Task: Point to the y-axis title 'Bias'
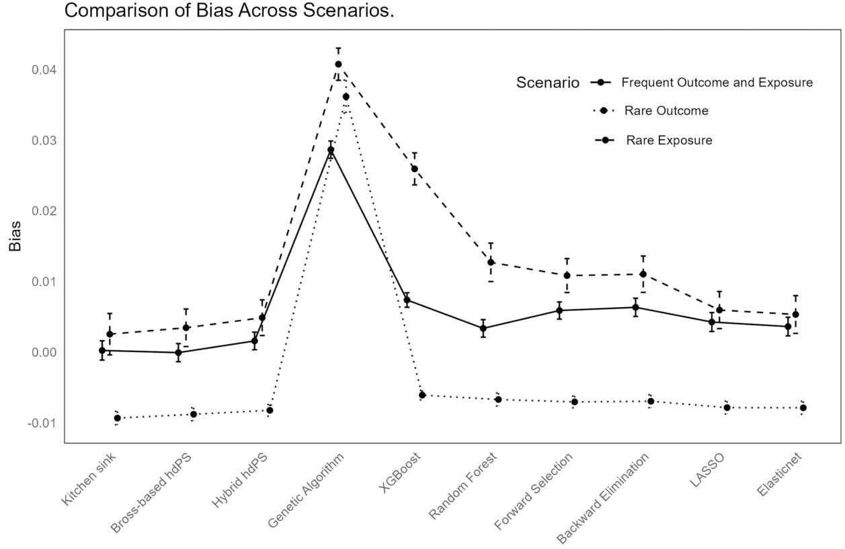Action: point(15,237)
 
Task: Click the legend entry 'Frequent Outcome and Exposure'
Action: point(717,83)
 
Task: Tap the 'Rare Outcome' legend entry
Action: point(666,111)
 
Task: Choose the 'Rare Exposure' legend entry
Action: point(669,140)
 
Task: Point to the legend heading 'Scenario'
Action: point(548,83)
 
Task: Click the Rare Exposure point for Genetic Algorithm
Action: point(338,65)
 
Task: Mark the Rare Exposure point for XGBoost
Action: point(414,169)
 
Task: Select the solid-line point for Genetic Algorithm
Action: point(331,150)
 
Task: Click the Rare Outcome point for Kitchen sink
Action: point(117,418)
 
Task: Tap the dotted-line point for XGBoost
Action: point(422,395)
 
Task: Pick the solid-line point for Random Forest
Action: point(483,329)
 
